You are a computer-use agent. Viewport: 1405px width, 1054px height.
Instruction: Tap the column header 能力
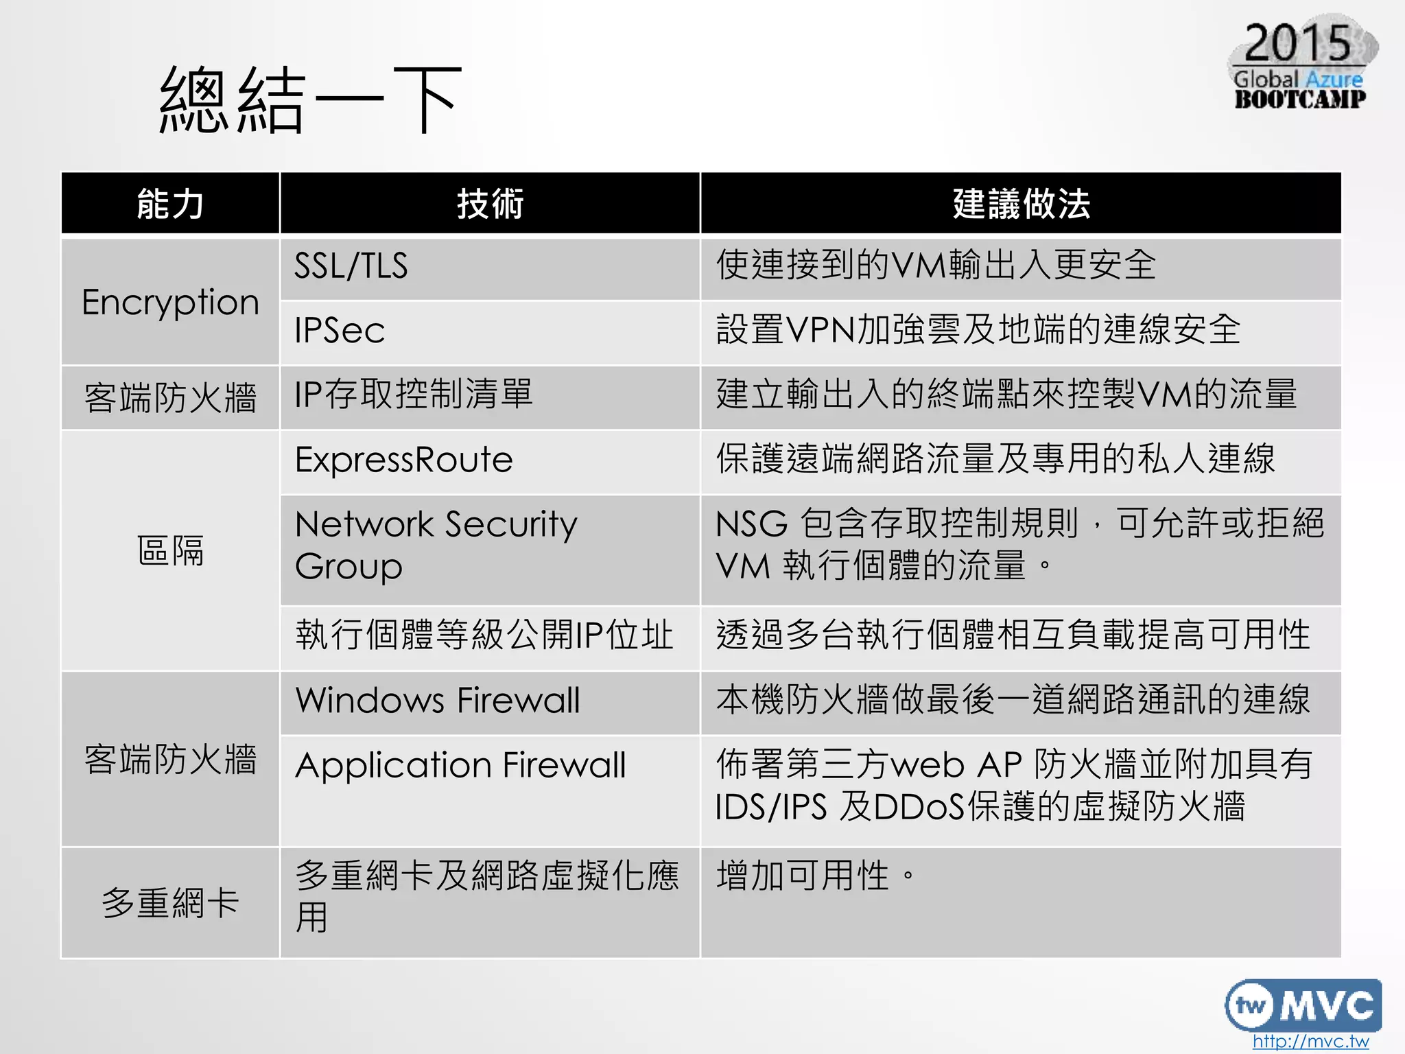[x=170, y=204]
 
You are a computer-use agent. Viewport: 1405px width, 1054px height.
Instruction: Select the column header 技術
[x=490, y=204]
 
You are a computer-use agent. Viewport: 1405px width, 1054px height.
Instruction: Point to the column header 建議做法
[x=1021, y=204]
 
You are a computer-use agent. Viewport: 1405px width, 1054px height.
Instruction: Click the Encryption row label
[x=170, y=302]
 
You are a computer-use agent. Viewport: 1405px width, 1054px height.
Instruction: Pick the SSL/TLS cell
[x=351, y=266]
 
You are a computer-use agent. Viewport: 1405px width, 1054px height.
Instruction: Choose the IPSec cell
[x=340, y=330]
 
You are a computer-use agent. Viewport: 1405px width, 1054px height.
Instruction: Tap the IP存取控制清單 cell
[x=414, y=395]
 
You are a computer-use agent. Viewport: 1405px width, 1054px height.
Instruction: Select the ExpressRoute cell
[x=404, y=459]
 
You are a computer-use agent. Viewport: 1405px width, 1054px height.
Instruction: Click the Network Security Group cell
[x=436, y=545]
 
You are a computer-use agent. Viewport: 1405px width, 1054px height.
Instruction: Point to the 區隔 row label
[x=170, y=550]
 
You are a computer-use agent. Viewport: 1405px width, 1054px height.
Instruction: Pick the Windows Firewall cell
[x=438, y=701]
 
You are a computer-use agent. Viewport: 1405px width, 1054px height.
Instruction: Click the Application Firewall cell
[x=460, y=765]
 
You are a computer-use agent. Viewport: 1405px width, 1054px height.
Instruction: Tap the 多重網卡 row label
[x=170, y=902]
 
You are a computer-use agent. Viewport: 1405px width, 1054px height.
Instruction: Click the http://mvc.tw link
[x=1310, y=1041]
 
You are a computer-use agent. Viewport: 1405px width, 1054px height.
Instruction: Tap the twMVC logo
[x=1302, y=1005]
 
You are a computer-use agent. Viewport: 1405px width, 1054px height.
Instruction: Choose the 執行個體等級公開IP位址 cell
[x=484, y=635]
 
